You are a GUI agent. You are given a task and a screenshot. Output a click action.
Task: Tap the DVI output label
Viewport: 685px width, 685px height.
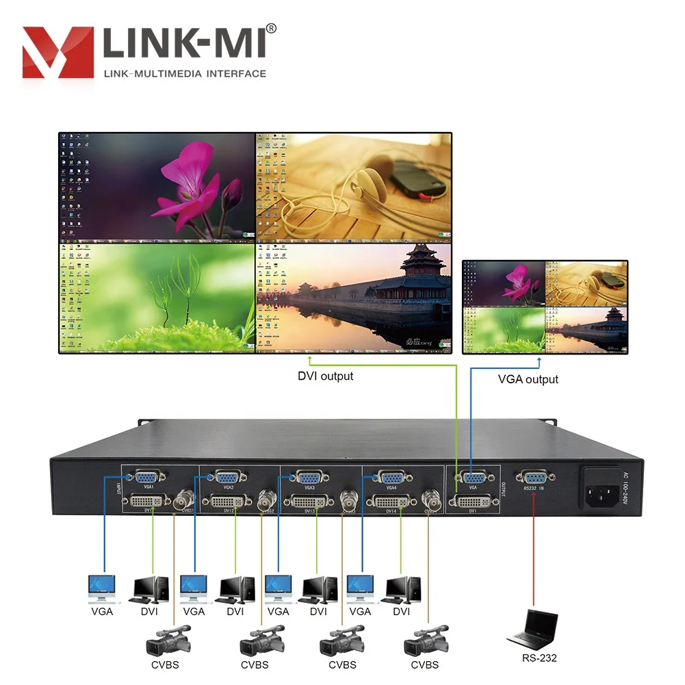(325, 376)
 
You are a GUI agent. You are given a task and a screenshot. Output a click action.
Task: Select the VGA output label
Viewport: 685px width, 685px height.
(528, 378)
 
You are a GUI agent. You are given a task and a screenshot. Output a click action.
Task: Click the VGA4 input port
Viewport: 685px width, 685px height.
(391, 478)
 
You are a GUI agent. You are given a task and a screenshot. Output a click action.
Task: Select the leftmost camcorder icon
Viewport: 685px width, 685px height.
(166, 643)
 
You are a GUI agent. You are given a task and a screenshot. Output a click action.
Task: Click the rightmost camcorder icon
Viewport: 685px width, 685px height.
(426, 643)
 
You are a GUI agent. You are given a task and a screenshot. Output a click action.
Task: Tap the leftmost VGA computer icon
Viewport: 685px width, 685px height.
(101, 587)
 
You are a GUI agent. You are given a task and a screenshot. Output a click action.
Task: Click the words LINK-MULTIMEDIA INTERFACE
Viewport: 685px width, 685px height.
(184, 73)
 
